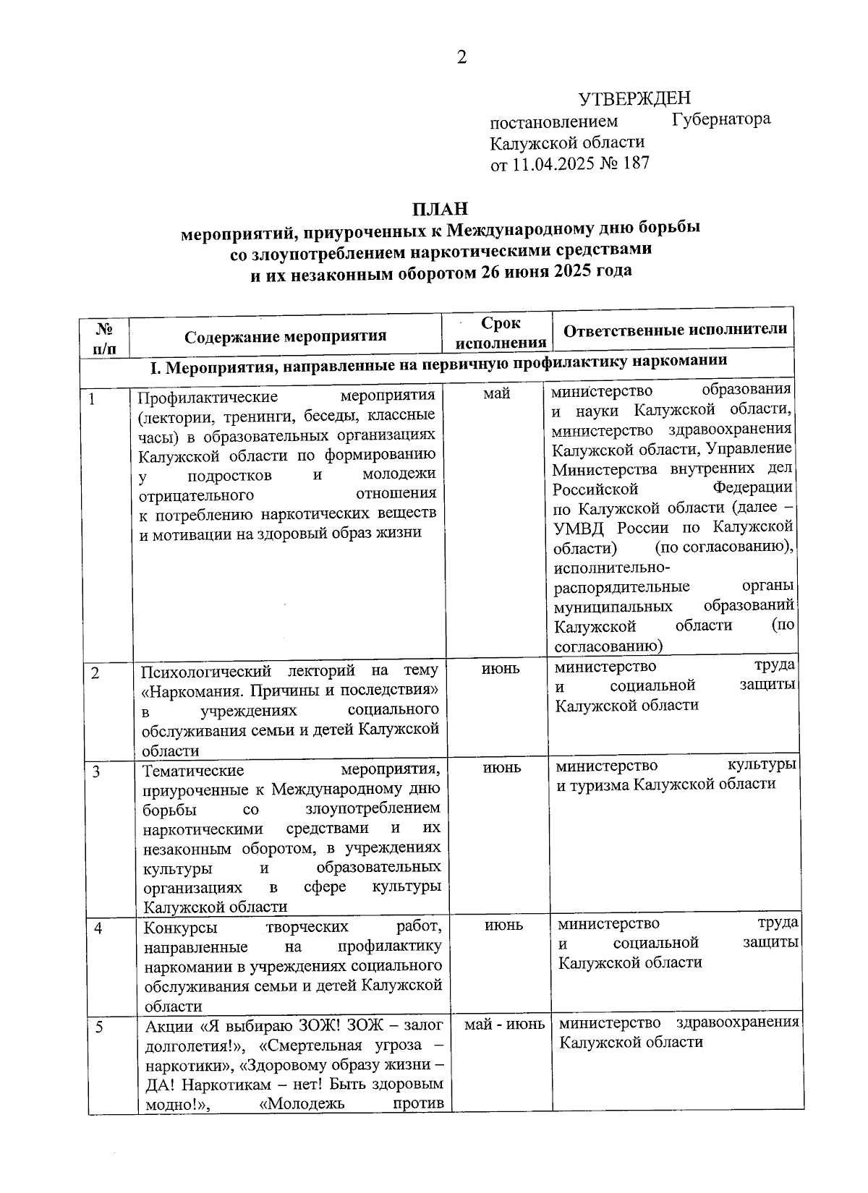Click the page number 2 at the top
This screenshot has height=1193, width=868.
tap(461, 57)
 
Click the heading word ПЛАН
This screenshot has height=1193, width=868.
tap(440, 210)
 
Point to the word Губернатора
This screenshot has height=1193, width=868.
tap(720, 119)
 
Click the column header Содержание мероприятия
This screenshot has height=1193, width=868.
tap(285, 336)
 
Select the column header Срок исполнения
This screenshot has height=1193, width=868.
tap(501, 333)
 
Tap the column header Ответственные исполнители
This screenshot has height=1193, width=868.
tap(674, 330)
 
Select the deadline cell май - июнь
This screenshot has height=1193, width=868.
tap(504, 1024)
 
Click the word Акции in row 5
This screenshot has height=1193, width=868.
tap(168, 1027)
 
